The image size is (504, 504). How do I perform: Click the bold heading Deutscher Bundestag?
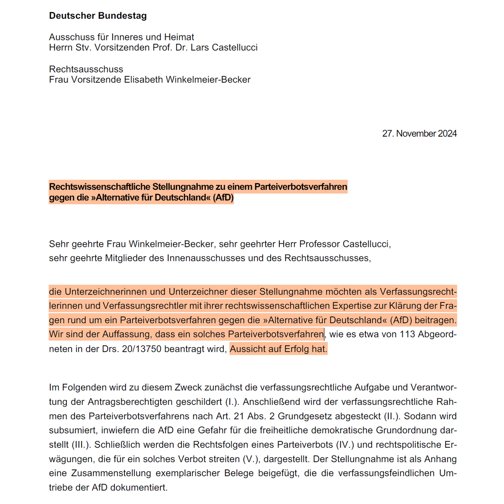(x=98, y=16)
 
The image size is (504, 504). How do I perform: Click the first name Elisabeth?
(x=143, y=80)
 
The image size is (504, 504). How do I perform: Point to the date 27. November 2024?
(x=419, y=133)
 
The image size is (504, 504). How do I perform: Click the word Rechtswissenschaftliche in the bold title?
(x=99, y=187)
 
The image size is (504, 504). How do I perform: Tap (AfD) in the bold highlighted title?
(x=223, y=197)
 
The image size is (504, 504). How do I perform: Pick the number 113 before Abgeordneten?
(x=407, y=334)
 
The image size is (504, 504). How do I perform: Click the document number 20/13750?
(x=141, y=349)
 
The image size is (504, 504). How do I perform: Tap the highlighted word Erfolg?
(x=297, y=349)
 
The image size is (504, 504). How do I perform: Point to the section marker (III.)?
(x=81, y=444)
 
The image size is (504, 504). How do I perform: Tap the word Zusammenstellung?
(x=111, y=473)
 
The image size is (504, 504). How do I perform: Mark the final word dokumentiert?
(x=139, y=487)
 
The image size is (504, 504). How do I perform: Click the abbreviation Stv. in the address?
(x=83, y=48)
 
